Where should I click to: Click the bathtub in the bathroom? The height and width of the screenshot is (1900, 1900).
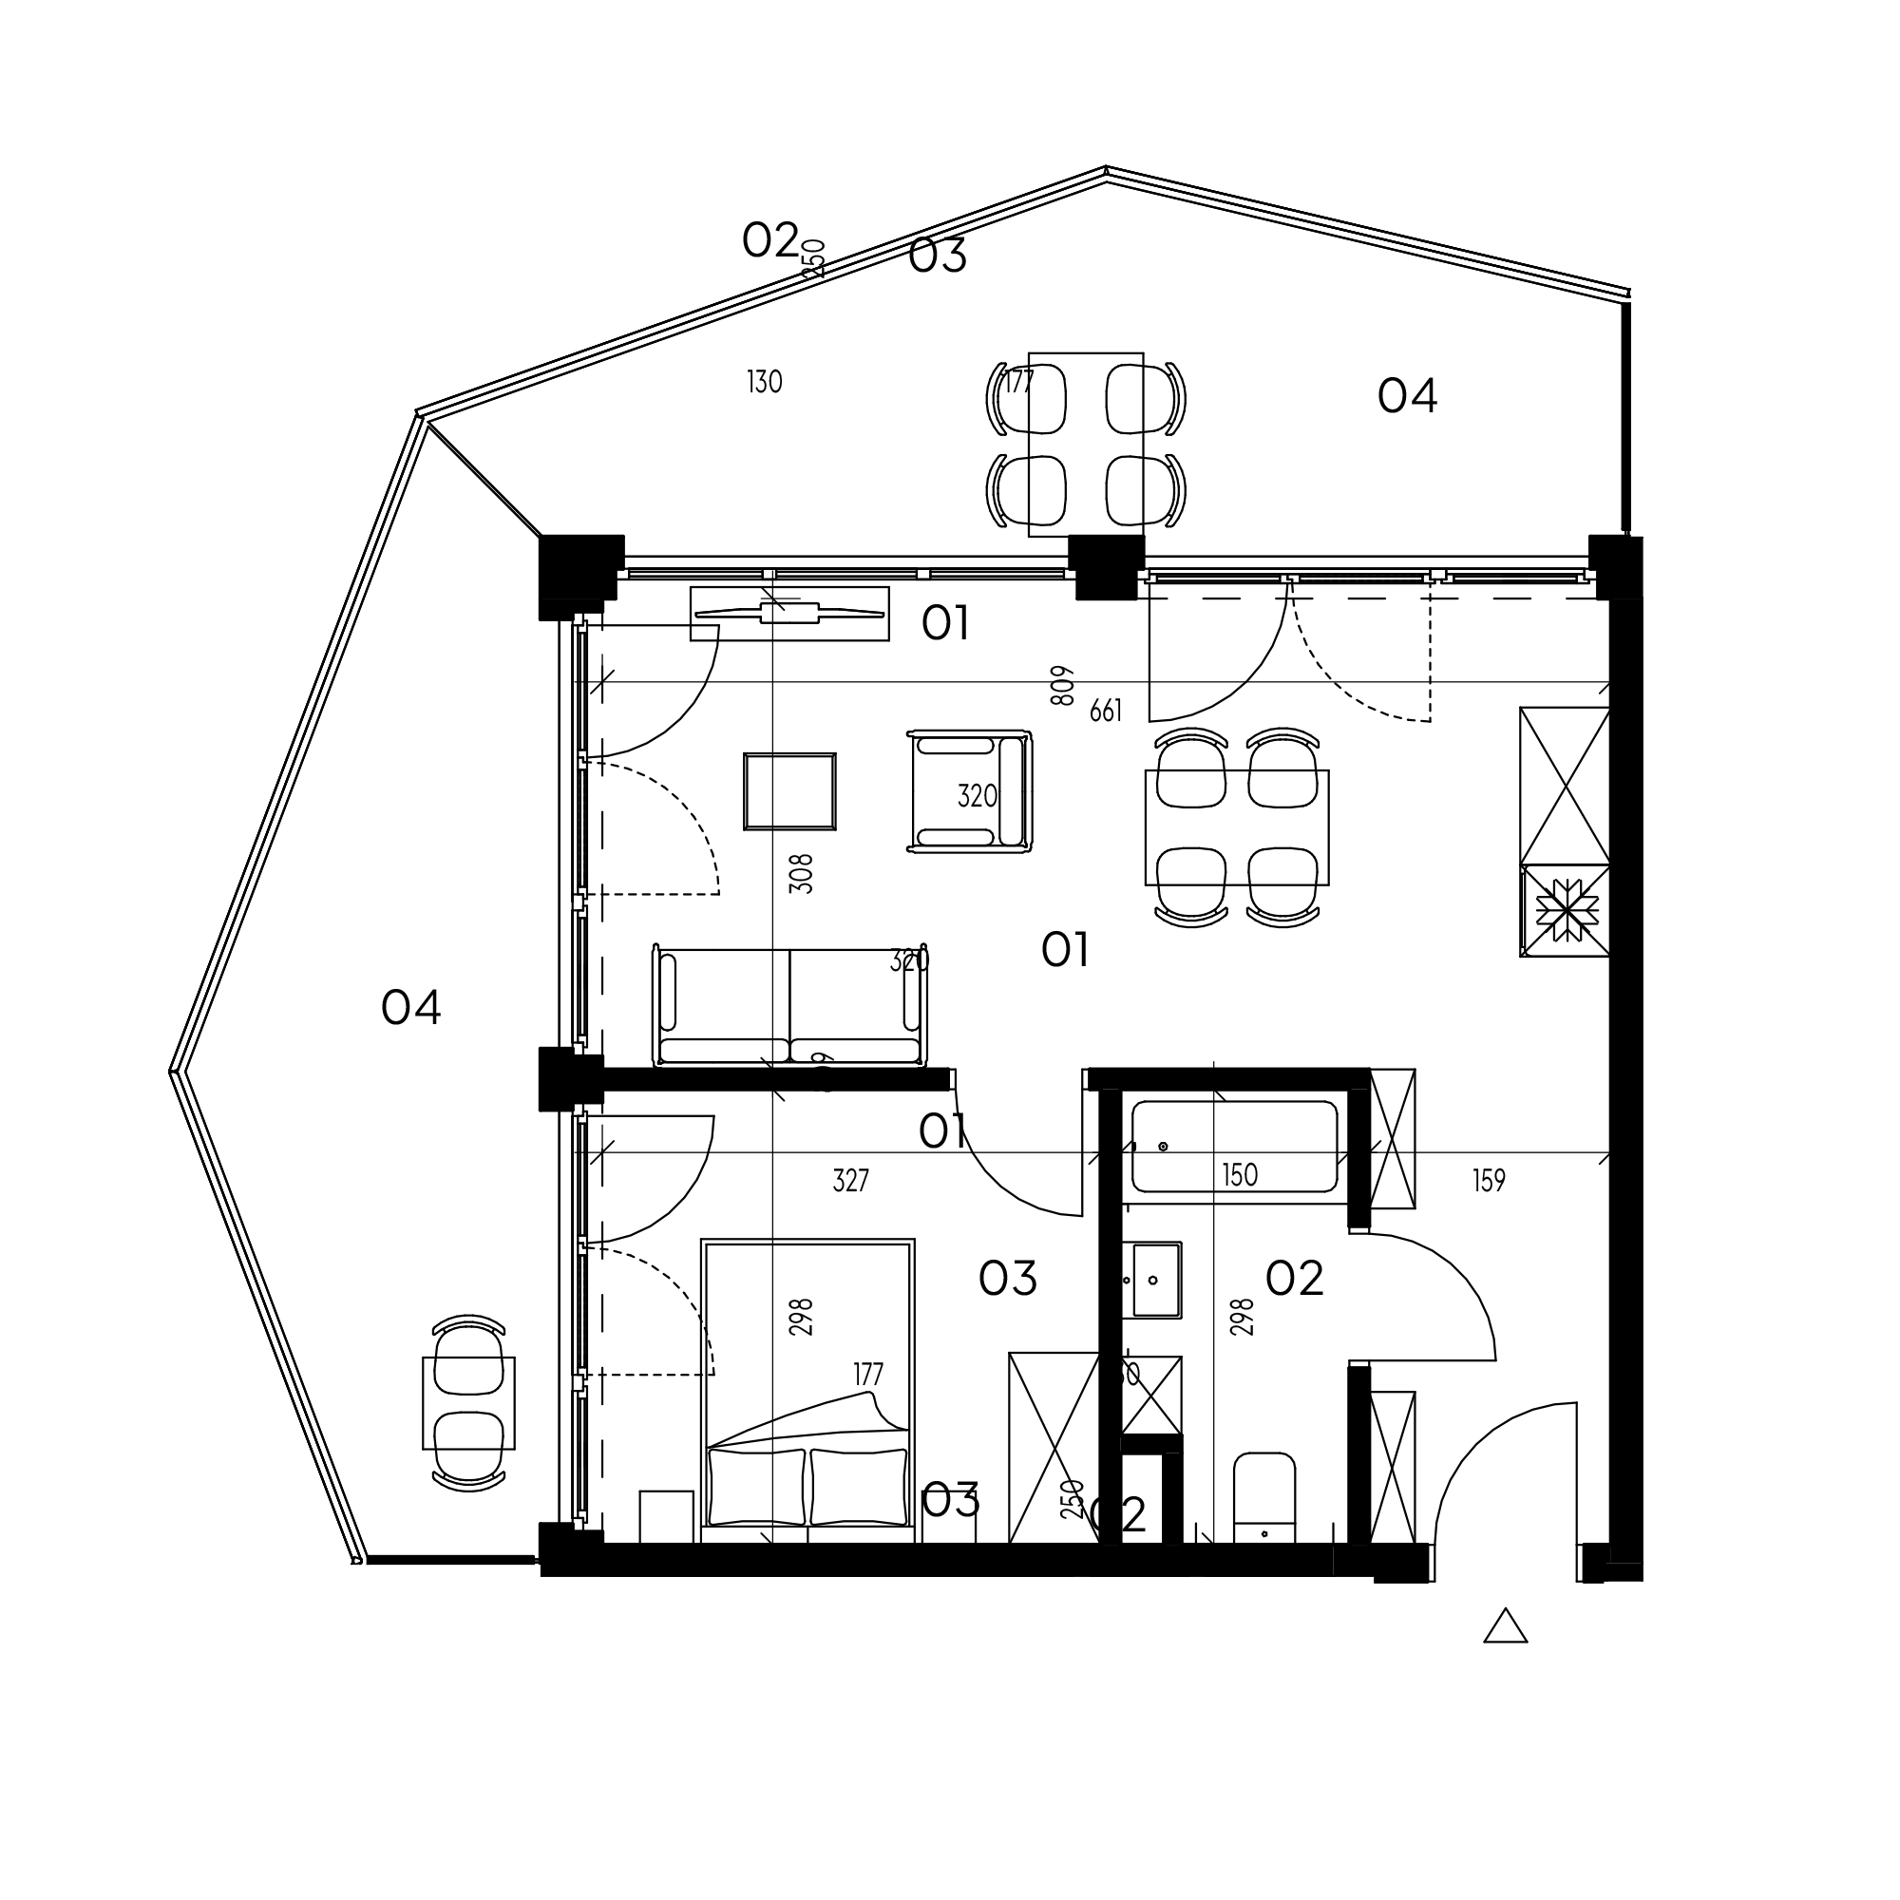1234,1147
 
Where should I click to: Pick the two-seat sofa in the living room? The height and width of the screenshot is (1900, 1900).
789,1006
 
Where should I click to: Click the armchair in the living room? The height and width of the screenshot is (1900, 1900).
970,790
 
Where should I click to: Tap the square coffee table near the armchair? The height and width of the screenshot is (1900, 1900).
789,791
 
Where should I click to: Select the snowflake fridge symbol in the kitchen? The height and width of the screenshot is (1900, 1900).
1565,911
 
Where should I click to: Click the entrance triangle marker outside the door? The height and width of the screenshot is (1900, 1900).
1505,1627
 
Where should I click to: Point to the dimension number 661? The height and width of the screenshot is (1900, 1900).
1106,710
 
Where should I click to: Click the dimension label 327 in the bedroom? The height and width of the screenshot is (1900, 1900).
850,1180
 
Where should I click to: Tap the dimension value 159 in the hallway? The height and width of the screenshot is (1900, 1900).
1489,1180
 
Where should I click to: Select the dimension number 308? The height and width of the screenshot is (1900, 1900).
803,872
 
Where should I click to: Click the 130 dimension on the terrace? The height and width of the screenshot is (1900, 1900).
764,382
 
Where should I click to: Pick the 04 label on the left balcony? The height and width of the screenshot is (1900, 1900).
411,1008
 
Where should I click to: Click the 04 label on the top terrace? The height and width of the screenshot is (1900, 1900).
1407,396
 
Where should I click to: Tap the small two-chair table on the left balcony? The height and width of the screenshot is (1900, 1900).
469,1403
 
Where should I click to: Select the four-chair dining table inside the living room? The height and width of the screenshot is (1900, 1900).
1237,827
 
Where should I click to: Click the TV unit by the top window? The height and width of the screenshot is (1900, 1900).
789,614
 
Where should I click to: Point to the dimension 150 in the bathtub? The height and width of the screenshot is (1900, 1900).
1239,1175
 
